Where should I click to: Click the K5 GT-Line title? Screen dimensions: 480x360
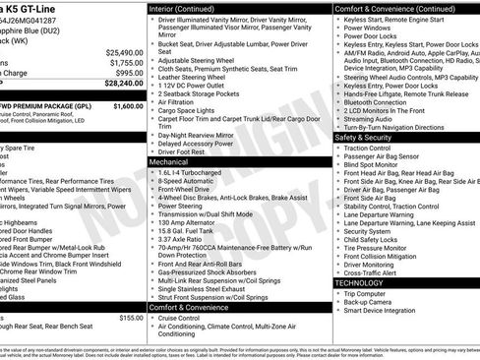point(36,9)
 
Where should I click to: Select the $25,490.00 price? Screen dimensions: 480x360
point(125,52)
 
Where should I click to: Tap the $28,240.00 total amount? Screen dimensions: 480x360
point(123,84)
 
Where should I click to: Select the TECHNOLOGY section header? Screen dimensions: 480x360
point(359,282)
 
